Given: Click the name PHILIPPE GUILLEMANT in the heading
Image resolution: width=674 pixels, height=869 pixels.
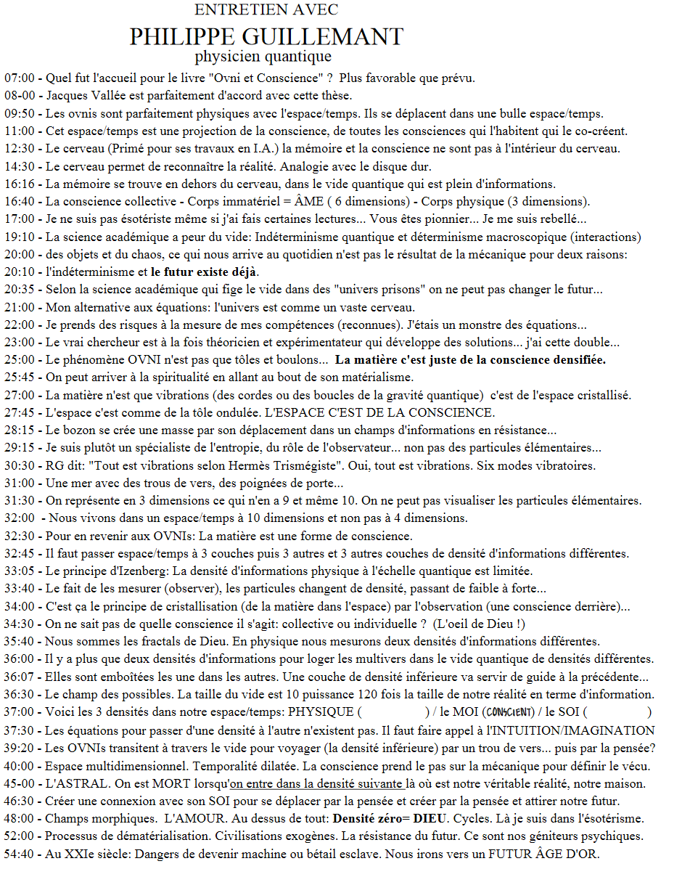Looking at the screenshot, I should [266, 36].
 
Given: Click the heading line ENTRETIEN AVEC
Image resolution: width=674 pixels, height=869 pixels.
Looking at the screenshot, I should [266, 10].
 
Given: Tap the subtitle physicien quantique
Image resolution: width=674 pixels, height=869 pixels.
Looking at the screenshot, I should [263, 56].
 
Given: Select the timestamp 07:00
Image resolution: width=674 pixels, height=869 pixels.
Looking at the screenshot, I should [19, 78].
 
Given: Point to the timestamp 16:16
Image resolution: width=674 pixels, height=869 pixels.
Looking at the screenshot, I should [19, 184].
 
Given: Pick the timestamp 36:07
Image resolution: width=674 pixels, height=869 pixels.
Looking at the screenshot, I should [19, 677].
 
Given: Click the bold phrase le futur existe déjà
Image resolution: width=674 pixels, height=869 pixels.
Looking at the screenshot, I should [204, 272].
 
